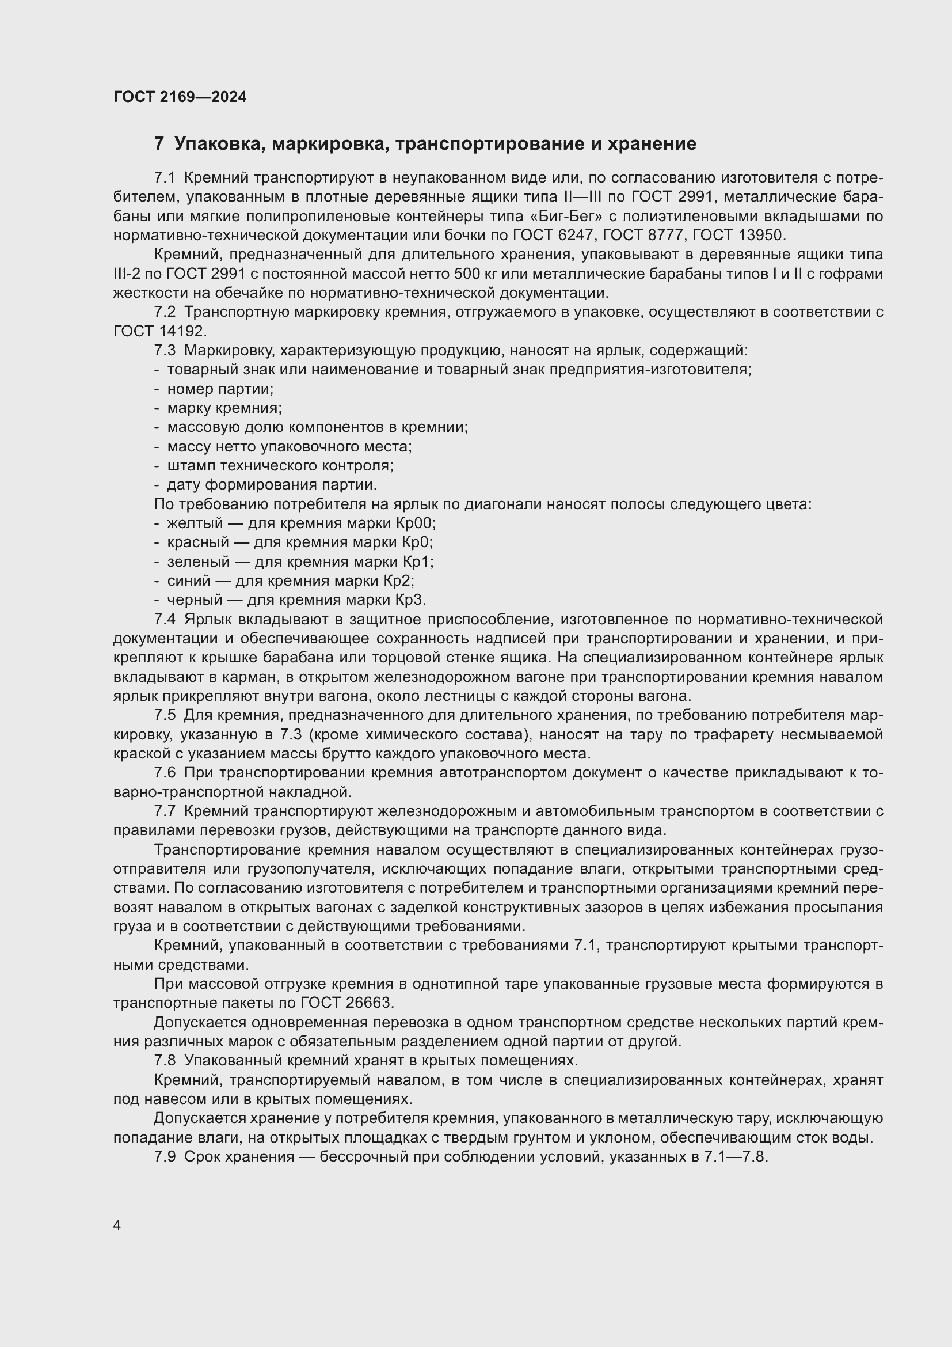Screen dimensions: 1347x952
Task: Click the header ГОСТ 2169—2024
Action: pyautogui.click(x=180, y=97)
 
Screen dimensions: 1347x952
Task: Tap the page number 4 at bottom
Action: pyautogui.click(x=117, y=1225)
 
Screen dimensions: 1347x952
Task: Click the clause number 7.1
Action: pyautogui.click(x=165, y=178)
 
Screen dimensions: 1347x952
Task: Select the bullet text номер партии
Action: pyautogui.click(x=220, y=389)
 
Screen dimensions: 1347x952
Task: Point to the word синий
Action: pyautogui.click(x=189, y=580)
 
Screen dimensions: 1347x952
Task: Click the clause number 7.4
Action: pyautogui.click(x=165, y=620)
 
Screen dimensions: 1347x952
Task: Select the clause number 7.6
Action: pyautogui.click(x=165, y=773)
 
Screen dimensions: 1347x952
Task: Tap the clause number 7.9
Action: pyautogui.click(x=165, y=1157)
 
